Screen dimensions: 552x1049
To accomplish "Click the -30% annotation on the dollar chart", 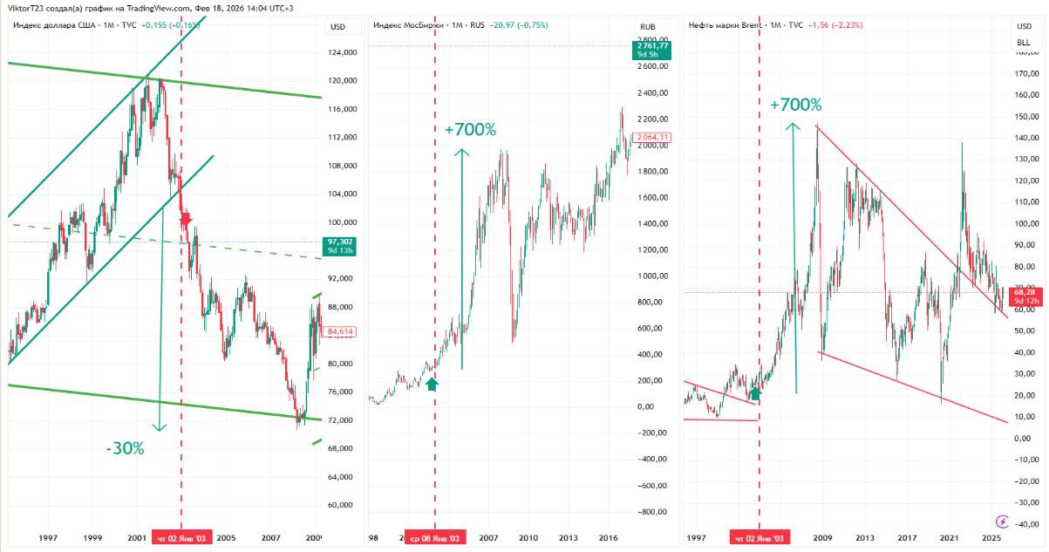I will click(126, 448).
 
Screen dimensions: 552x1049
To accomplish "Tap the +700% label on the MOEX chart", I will click(470, 130).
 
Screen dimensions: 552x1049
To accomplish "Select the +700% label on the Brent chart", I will click(795, 105).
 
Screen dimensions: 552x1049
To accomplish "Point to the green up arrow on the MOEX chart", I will click(433, 382).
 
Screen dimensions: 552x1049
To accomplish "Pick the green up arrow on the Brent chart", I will click(755, 392).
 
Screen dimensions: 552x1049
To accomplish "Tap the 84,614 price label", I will click(339, 331).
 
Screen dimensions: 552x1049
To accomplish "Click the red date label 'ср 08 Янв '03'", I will click(435, 538).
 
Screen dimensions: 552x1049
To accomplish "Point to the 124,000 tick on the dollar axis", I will click(342, 52).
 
